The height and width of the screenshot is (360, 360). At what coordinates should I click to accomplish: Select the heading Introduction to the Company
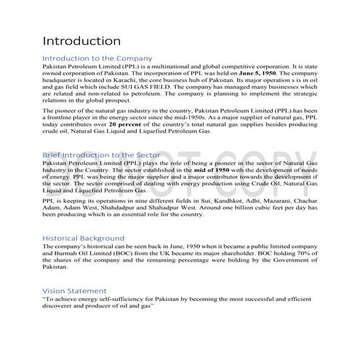(97, 58)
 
